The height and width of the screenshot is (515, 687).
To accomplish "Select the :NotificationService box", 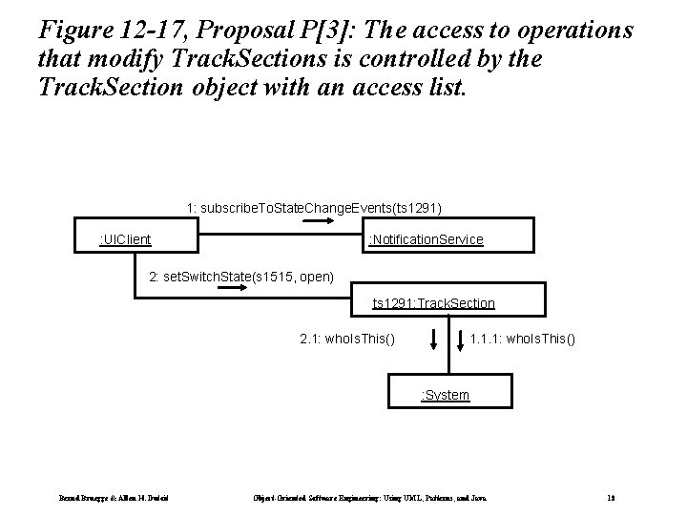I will (426, 238).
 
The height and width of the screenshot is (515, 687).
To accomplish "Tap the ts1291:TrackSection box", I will (433, 303).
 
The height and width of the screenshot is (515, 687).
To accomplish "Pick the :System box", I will (446, 394).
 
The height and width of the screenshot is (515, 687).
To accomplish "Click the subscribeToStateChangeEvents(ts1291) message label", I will (315, 207).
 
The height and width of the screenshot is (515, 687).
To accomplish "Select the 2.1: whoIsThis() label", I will (347, 339).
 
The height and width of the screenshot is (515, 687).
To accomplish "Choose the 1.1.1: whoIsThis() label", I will (523, 339).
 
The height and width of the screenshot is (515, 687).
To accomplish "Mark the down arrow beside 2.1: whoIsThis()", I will (433, 340).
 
